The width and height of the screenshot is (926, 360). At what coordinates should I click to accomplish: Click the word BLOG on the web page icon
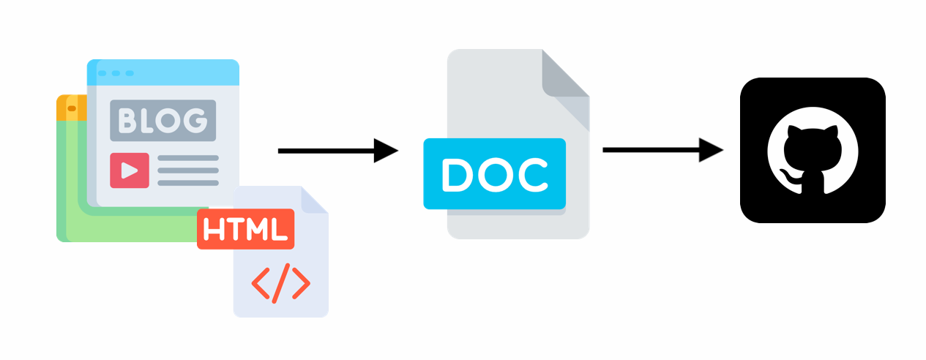point(163,120)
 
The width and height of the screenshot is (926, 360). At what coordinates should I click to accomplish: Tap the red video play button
point(129,170)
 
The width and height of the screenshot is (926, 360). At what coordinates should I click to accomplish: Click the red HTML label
point(245,229)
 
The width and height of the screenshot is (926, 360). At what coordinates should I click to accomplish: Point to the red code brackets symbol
point(280,281)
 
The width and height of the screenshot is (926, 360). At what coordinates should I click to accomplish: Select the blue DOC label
point(494,174)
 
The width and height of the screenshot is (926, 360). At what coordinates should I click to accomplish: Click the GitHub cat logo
point(812,150)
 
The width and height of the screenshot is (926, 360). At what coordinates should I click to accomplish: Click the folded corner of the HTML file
point(315,200)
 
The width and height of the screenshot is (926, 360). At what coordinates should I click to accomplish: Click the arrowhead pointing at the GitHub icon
point(712,151)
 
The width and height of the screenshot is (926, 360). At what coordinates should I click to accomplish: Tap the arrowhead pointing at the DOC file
point(386,151)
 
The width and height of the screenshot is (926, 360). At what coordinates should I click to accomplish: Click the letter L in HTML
point(277,229)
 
